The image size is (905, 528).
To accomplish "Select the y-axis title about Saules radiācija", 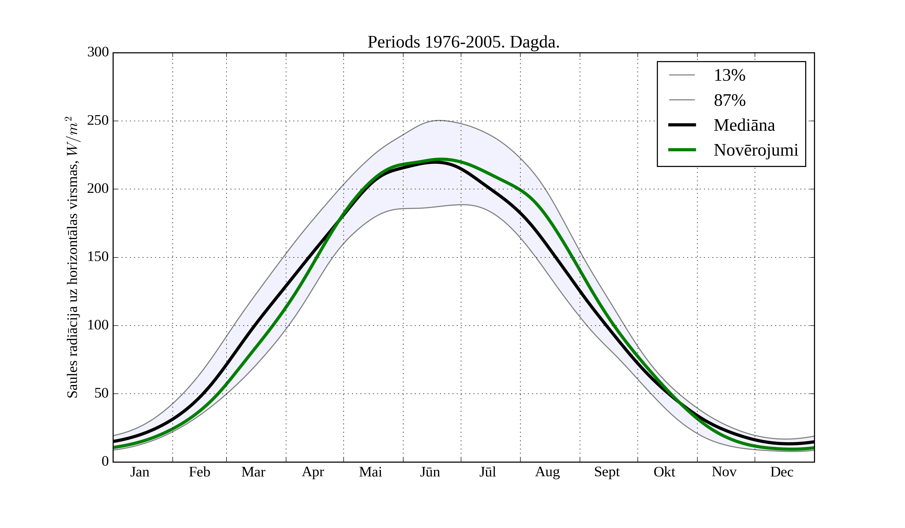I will point(73,257).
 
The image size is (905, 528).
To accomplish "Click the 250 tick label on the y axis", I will point(98,121).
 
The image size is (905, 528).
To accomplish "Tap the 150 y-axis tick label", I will point(98,257).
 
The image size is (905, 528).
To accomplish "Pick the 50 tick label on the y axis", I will point(101,394).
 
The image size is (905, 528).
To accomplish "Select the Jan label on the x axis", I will point(140,472).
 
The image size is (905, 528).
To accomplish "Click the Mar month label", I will point(253,472).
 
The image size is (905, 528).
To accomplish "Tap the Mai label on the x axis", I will point(370,472).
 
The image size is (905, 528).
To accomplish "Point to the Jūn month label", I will point(430,472).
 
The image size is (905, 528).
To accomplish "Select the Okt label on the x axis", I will point(664,472).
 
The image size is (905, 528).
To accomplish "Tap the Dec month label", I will point(782,472).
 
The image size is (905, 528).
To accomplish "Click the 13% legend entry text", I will point(729,75).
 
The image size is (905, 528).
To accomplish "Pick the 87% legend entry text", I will point(729,100).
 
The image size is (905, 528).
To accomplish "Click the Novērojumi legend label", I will point(756,150).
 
